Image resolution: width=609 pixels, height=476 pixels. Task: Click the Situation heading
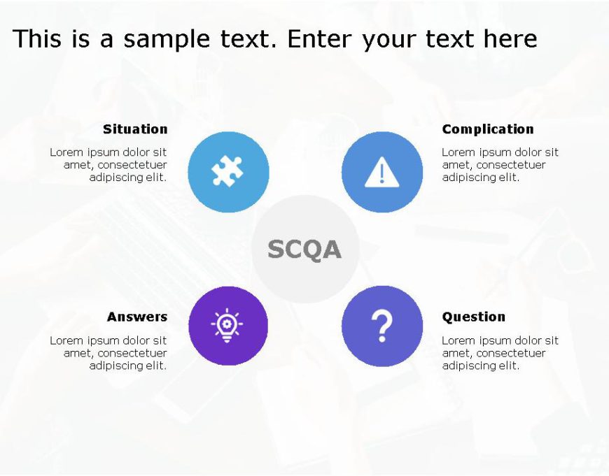135,129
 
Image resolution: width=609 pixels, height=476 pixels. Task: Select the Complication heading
488,129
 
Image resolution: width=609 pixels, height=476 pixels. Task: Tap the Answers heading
137,317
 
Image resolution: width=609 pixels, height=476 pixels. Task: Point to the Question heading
473,317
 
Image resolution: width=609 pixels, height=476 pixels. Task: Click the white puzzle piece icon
228,172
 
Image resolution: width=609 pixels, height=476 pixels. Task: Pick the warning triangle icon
381,172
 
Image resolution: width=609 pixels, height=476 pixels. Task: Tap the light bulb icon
227,326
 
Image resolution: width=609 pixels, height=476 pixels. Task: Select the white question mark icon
382,326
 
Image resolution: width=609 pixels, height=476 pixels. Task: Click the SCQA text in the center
304,250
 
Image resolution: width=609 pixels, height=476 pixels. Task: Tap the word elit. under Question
507,366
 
